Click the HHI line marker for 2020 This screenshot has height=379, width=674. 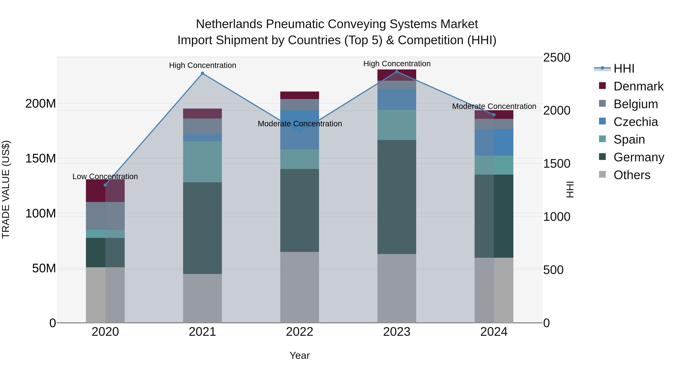[x=105, y=185]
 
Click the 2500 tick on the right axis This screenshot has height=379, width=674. [x=557, y=57]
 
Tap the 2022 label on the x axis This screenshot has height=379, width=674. [x=300, y=332]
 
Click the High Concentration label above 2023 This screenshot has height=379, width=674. [x=397, y=64]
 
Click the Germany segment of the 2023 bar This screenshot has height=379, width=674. [x=397, y=197]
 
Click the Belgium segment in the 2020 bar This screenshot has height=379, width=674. [x=105, y=216]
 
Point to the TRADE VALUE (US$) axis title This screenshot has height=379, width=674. [x=6, y=189]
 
